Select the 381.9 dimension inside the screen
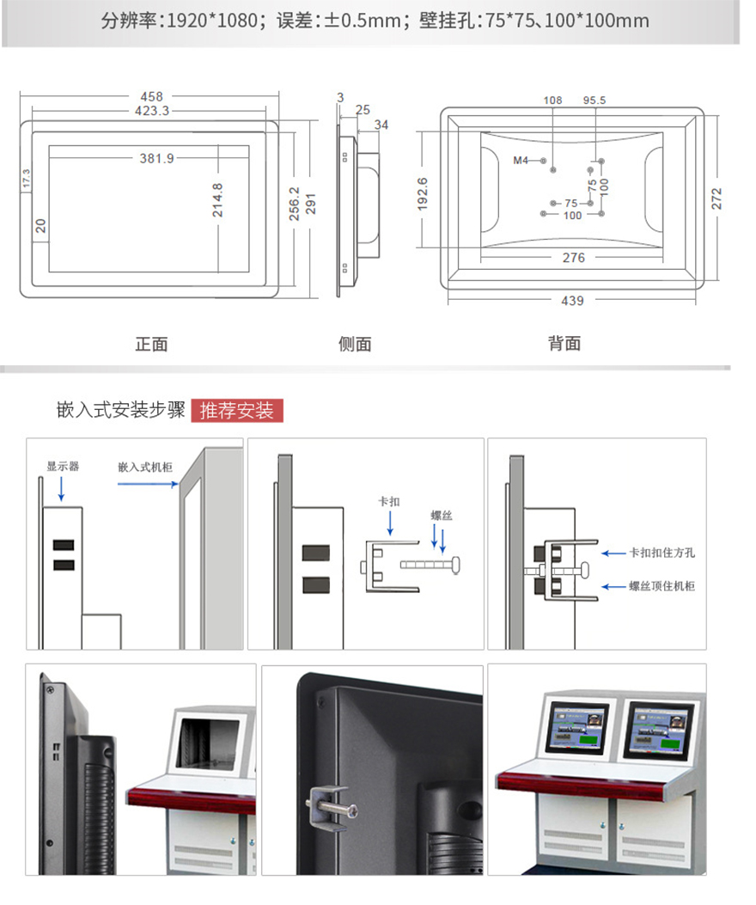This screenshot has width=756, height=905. (157, 158)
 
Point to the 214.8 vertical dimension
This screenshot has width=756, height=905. (217, 199)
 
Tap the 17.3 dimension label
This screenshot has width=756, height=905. (26, 179)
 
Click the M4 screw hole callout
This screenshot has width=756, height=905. (521, 160)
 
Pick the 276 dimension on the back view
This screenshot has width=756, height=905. (573, 258)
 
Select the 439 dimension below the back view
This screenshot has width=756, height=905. (572, 301)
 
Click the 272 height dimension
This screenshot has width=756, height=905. (716, 199)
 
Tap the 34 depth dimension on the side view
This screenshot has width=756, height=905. (381, 125)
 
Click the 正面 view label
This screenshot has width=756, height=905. (151, 344)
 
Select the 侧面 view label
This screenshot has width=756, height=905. (355, 344)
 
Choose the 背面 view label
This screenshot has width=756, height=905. (564, 344)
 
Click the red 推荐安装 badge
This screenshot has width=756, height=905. (237, 411)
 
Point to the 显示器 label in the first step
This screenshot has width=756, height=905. (63, 467)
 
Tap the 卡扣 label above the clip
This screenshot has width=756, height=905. (389, 501)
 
